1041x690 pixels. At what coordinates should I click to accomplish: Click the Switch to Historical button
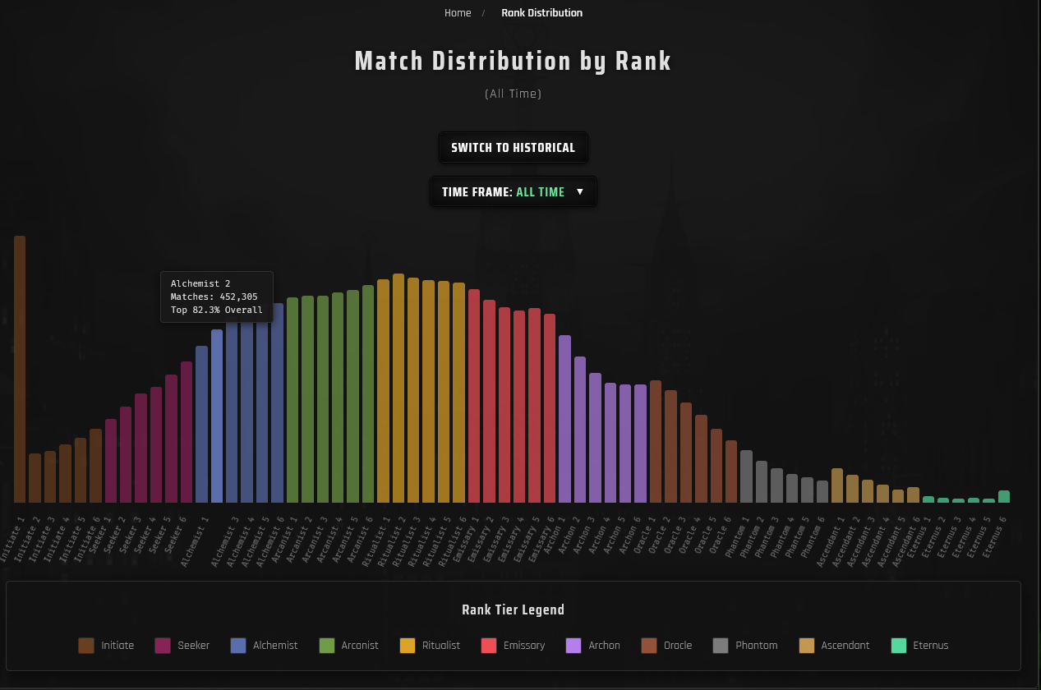(513, 148)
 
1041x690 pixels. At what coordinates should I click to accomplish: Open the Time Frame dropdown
(513, 192)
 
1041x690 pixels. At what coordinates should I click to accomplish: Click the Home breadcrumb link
(458, 13)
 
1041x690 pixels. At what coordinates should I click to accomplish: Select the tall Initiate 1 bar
(20, 370)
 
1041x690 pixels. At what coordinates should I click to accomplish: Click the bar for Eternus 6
(1003, 496)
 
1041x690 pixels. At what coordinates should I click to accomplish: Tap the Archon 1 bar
(564, 419)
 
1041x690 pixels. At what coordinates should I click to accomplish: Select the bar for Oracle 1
(656, 441)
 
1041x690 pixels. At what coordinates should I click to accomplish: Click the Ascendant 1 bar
(837, 485)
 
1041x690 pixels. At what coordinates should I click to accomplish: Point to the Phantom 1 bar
(746, 476)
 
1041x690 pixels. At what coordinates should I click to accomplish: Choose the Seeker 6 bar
(187, 432)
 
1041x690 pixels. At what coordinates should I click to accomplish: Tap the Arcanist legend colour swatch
(327, 646)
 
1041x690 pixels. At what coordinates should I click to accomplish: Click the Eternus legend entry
(919, 646)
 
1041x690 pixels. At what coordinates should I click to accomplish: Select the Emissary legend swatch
(489, 646)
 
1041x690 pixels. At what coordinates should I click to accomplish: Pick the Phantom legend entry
(745, 646)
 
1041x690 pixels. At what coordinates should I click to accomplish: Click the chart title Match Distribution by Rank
(513, 62)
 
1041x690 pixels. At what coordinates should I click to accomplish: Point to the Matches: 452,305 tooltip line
(214, 297)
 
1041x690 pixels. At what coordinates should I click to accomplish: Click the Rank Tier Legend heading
(513, 609)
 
